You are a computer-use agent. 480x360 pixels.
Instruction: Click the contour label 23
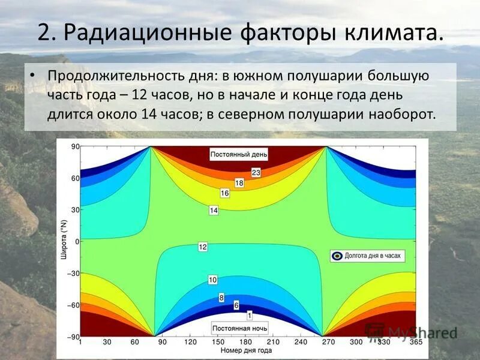click(256, 173)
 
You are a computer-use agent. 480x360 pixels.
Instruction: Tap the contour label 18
click(239, 183)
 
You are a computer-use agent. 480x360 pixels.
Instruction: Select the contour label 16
click(225, 193)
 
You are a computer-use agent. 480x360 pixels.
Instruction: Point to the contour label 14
click(214, 210)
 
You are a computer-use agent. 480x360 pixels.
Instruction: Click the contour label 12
click(203, 247)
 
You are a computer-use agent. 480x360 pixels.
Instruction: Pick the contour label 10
click(212, 280)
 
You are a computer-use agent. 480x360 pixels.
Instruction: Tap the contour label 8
click(221, 297)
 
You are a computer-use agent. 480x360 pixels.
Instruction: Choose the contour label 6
click(236, 305)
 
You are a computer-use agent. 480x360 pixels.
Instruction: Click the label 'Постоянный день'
click(239, 154)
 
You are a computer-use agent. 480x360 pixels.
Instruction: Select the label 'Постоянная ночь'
click(239, 329)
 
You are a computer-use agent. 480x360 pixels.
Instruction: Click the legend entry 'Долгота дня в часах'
click(366, 256)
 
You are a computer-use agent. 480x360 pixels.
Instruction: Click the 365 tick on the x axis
click(415, 343)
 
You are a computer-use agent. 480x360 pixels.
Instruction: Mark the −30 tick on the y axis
click(74, 273)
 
